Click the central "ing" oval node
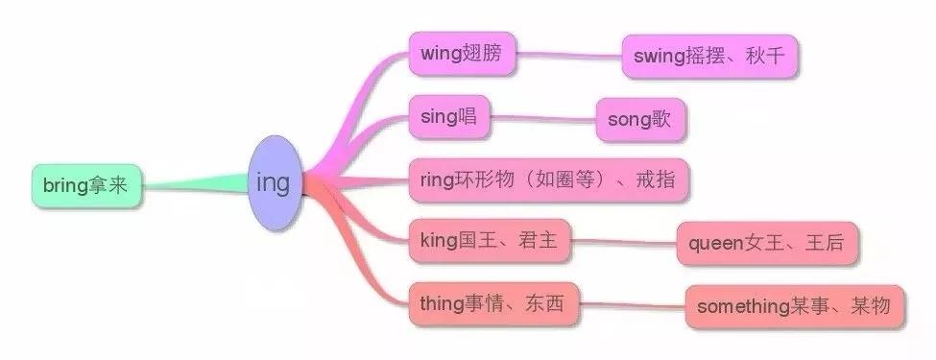[274, 182]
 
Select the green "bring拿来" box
[85, 186]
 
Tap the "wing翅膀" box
[461, 54]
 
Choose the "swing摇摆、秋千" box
[709, 58]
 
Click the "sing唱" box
[448, 117]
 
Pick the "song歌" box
[639, 120]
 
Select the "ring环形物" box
[549, 180]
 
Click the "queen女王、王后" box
[765, 244]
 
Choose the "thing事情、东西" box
[492, 304]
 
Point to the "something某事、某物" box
[794, 307]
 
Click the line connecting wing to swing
[567, 55]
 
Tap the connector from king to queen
[623, 243]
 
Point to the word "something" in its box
[742, 307]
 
